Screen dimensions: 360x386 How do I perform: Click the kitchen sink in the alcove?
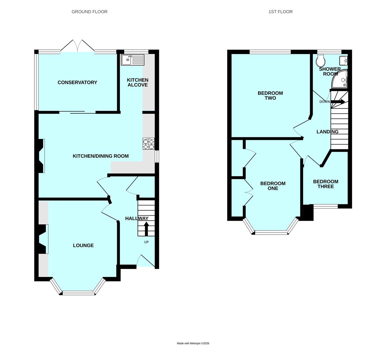coord(133,60)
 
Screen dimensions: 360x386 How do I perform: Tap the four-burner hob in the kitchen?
coord(149,144)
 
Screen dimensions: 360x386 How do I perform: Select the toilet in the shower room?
coord(321,61)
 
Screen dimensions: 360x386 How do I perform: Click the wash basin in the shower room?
coord(343,61)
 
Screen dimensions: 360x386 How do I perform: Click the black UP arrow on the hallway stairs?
coord(146,229)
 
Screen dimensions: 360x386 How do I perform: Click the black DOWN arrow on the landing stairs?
coord(338,102)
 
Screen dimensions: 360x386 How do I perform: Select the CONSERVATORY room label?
coord(77,82)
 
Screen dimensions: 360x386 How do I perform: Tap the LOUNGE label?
coord(83,245)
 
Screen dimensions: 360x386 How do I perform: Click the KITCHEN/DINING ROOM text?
coord(101,156)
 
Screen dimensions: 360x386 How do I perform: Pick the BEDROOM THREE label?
coord(325,184)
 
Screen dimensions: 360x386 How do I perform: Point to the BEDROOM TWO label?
coord(270,96)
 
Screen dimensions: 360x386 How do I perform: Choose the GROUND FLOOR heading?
coord(90,12)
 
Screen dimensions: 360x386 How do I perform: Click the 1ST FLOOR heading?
coord(280,12)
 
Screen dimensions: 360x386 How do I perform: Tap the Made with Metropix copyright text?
coord(193,343)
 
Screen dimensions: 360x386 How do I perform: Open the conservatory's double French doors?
coord(77,46)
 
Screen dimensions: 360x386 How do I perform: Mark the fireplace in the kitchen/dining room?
coord(41,156)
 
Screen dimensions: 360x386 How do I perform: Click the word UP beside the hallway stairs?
coord(146,242)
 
